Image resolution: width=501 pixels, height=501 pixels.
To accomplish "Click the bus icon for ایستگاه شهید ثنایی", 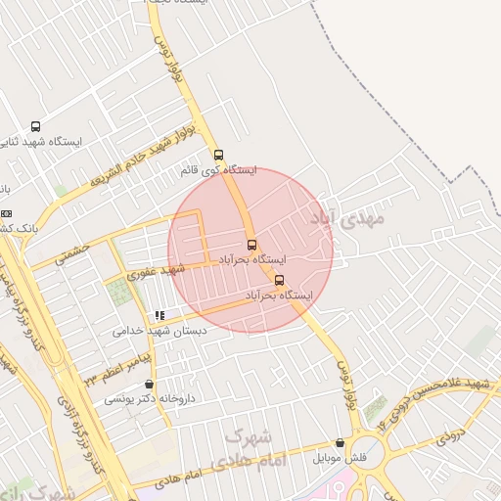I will [x=36, y=126].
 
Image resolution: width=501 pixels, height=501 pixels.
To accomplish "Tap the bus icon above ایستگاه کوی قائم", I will [x=218, y=154].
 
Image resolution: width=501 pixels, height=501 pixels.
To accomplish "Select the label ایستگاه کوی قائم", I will [x=218, y=170].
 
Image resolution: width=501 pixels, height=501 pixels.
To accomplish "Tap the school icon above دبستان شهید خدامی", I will [x=159, y=315].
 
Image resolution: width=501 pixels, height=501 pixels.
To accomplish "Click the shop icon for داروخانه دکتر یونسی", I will [x=149, y=385].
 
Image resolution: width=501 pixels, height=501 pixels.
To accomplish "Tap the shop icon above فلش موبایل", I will [x=340, y=443].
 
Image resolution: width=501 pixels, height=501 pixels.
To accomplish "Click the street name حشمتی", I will [x=72, y=252].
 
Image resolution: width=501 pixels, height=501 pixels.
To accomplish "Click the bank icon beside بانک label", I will [x=6, y=213].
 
